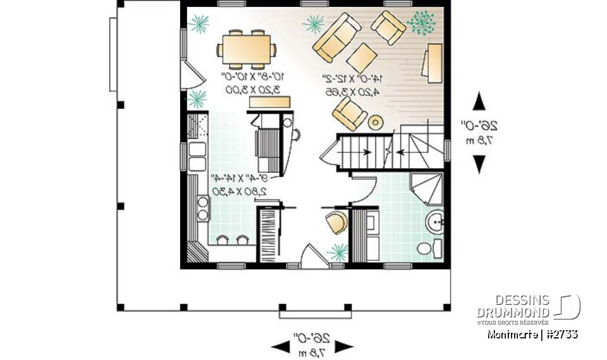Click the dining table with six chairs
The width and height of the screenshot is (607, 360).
[x=245, y=49]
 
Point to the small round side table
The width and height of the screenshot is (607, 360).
[x=376, y=121]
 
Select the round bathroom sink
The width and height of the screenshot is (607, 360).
[x=436, y=222]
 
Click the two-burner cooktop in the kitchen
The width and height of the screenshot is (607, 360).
[x=203, y=208]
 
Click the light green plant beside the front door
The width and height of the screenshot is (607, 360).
[x=338, y=252]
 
